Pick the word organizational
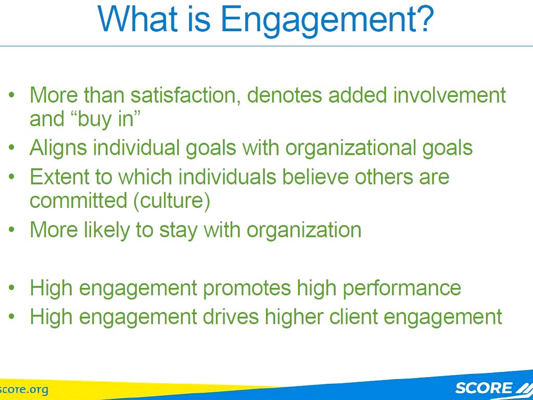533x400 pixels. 350,148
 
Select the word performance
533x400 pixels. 401,288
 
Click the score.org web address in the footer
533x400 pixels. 24,390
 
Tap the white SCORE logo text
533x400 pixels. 484,387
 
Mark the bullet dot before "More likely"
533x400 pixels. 12,229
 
